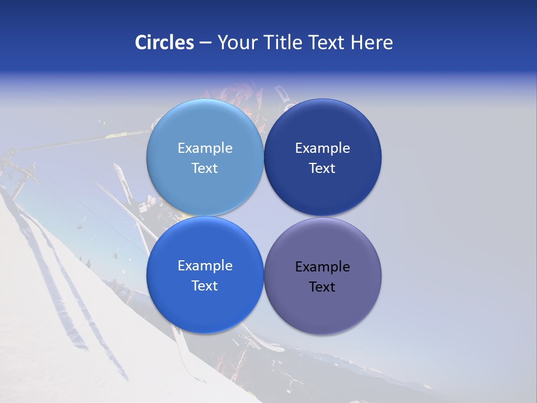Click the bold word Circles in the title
(x=164, y=43)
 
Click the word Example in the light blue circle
(x=205, y=148)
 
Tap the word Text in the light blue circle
(x=205, y=168)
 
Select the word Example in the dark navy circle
(x=322, y=148)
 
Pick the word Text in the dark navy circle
(x=322, y=168)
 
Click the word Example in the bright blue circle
(x=205, y=265)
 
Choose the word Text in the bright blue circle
(x=205, y=285)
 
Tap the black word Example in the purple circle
(x=322, y=266)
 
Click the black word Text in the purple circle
(x=322, y=287)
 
